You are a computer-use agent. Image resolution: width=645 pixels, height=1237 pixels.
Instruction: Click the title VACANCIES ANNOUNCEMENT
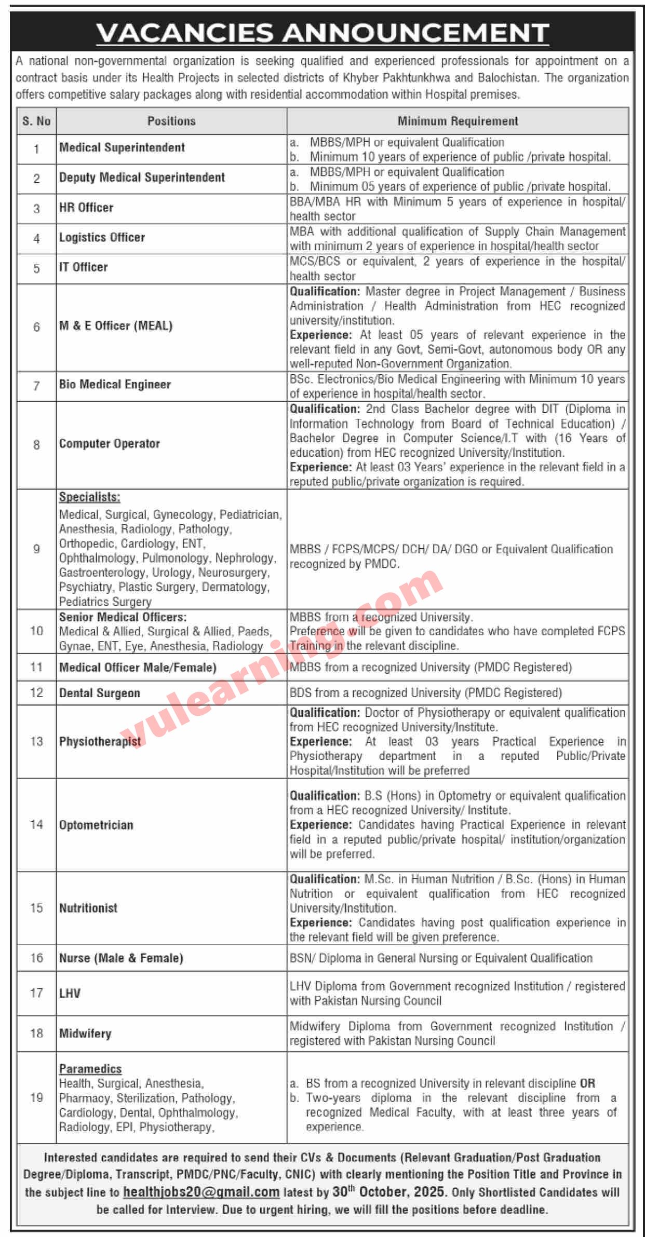[322, 33]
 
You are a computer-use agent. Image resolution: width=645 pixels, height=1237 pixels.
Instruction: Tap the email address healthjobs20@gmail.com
[201, 1192]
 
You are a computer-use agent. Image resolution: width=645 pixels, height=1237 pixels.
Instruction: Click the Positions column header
[171, 121]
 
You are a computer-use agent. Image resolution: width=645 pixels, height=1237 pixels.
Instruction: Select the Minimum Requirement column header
[458, 121]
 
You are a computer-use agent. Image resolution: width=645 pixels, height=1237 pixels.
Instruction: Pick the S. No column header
[36, 121]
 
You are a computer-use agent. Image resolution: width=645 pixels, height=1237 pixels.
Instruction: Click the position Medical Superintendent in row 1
[122, 147]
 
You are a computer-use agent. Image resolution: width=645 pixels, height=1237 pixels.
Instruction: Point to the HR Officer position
[86, 208]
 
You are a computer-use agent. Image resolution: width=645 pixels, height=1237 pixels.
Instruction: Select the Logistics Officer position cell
[102, 237]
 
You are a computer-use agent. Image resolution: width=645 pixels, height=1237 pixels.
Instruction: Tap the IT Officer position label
[84, 267]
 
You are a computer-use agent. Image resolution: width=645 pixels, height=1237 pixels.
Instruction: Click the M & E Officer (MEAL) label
[116, 325]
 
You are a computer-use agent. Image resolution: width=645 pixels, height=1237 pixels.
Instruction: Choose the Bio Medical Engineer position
[115, 384]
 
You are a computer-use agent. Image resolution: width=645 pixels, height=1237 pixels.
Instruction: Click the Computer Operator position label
[110, 443]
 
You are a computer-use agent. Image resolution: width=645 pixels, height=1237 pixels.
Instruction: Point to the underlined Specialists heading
[89, 497]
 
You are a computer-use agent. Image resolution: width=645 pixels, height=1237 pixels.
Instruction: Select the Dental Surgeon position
[100, 693]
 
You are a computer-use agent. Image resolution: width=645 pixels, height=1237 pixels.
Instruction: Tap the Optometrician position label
[96, 825]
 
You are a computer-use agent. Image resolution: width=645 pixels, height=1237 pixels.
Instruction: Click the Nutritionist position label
[88, 908]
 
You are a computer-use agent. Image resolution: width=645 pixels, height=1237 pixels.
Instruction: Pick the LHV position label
[70, 993]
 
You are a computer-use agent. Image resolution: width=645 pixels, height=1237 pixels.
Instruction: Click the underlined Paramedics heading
[90, 1069]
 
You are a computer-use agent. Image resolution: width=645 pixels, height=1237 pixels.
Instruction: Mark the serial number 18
[36, 1034]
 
